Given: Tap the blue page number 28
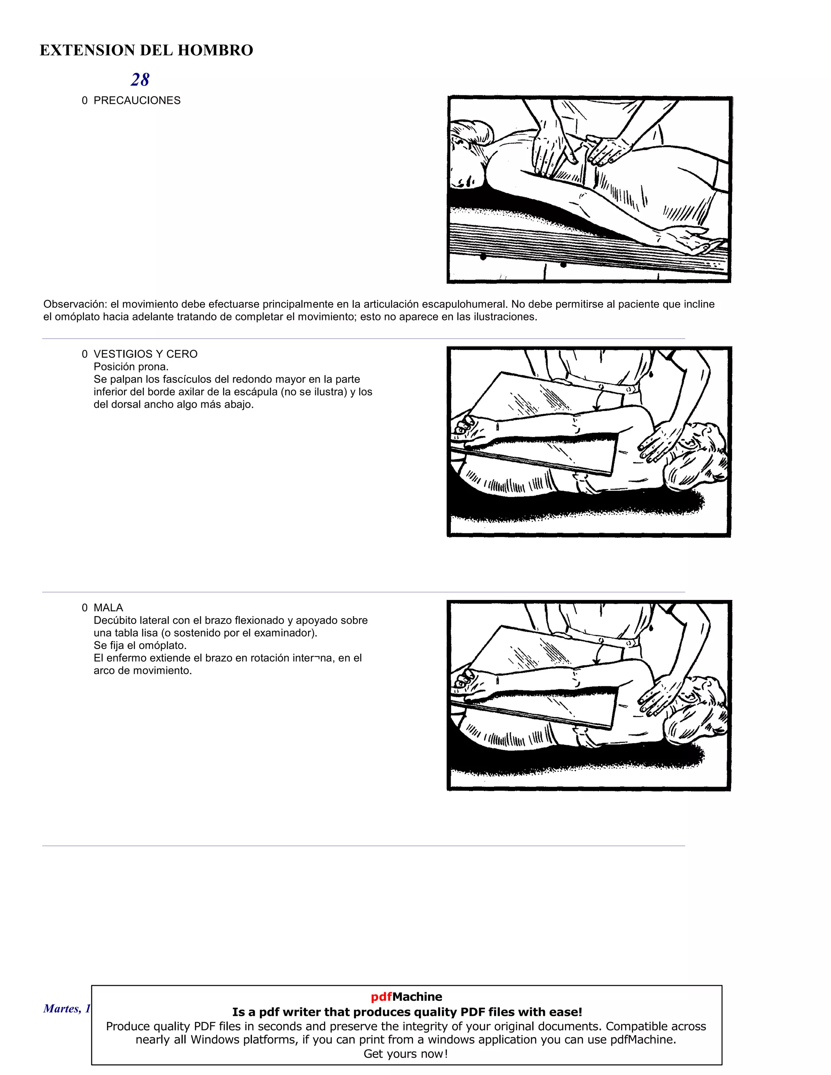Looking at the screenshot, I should coord(140,80).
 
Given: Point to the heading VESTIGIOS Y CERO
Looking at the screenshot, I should coord(145,354).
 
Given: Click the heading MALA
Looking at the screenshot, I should coord(108,608).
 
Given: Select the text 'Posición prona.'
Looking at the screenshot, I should coord(131,367).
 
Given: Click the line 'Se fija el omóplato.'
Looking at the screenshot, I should coord(140,645).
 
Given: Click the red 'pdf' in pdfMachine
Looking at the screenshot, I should coord(381,997).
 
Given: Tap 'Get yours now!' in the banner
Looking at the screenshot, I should coord(406,1054).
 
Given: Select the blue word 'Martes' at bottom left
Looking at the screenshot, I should coord(60,1008).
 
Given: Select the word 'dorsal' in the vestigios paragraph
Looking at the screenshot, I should coord(127,404).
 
